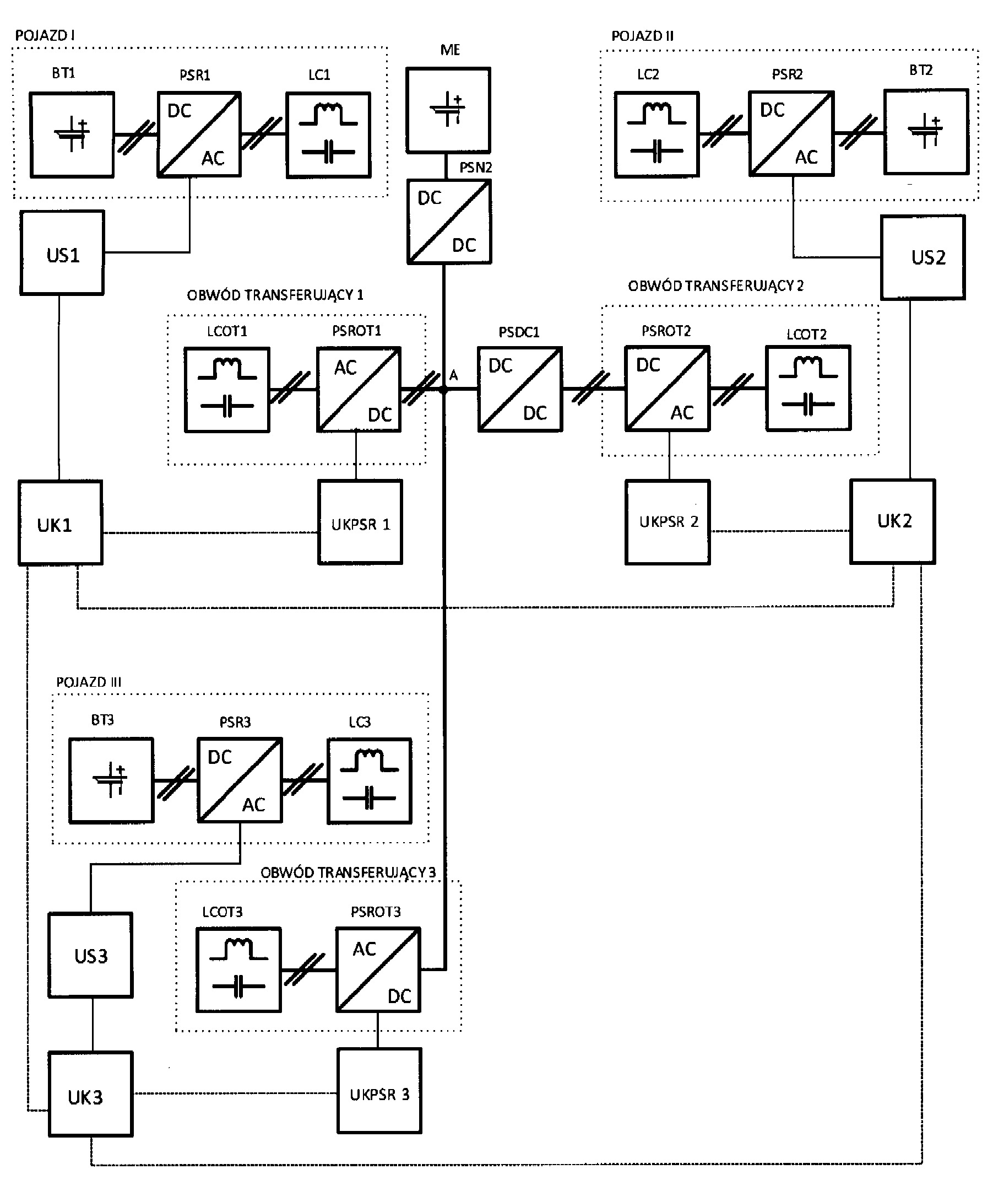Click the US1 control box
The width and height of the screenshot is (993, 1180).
[x=62, y=253]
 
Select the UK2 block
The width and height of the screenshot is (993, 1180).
[x=893, y=521]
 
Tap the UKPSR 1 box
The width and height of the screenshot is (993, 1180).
[x=360, y=522]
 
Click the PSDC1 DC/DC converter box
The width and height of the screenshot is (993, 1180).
[x=519, y=389]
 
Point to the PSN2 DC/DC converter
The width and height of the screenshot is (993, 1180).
[x=449, y=222]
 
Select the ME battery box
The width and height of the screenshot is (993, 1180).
[x=449, y=110]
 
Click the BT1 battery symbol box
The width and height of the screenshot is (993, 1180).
[x=72, y=135]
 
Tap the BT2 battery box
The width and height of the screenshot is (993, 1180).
[x=926, y=132]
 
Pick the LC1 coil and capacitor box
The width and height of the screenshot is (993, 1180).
[x=328, y=135]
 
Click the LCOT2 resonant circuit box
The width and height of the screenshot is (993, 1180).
[x=808, y=389]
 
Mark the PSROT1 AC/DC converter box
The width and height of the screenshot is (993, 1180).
[x=359, y=389]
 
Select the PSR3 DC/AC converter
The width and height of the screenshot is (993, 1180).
[x=240, y=780]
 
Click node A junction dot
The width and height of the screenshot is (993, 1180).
[x=443, y=389]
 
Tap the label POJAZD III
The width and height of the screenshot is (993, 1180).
[x=89, y=682]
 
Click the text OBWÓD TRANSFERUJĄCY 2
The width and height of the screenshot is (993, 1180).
[x=715, y=286]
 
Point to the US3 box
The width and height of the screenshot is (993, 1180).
[x=91, y=956]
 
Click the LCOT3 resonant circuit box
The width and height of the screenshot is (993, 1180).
[x=238, y=970]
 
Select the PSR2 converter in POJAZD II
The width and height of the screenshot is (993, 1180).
[x=791, y=134]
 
